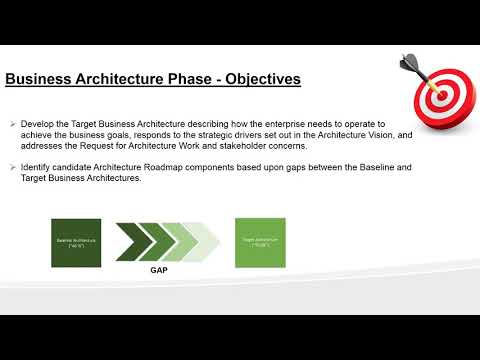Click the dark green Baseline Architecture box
[x=76, y=242]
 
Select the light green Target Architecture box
[x=259, y=242]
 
